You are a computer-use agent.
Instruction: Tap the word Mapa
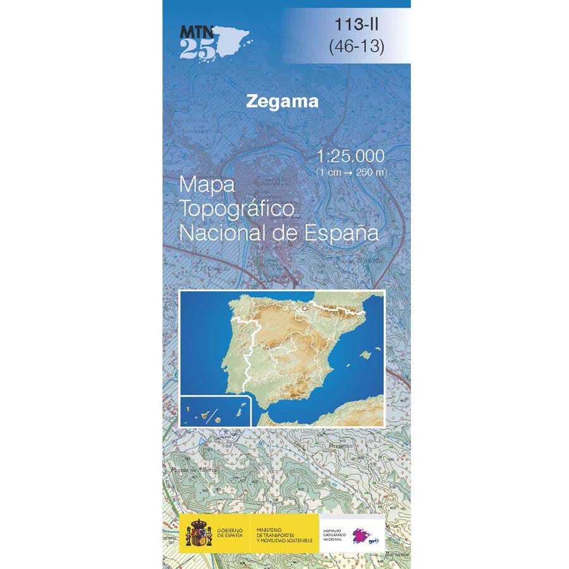(x=207, y=185)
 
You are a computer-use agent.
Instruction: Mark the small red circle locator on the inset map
(x=303, y=309)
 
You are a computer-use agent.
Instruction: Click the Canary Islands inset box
(x=216, y=411)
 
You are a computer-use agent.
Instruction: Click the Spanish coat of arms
(x=199, y=533)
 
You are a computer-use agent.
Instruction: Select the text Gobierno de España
(x=232, y=533)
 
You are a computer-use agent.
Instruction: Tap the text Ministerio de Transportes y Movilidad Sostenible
(x=283, y=534)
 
